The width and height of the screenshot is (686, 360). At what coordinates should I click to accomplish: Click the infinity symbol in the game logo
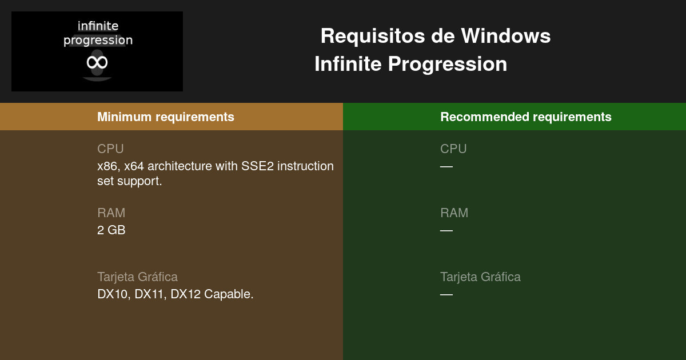pyautogui.click(x=97, y=62)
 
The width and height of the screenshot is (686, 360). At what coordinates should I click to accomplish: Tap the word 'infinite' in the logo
pyautogui.click(x=98, y=26)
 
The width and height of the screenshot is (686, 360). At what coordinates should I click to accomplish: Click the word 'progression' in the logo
pyautogui.click(x=98, y=41)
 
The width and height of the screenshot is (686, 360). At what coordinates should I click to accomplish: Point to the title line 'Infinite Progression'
pyautogui.click(x=410, y=64)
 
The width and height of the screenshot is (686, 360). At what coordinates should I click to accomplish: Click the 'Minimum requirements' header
pyautogui.click(x=166, y=117)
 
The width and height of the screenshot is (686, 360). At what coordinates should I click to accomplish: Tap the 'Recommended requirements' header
pyautogui.click(x=526, y=117)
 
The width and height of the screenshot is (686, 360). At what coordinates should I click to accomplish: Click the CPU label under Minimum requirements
pyautogui.click(x=110, y=149)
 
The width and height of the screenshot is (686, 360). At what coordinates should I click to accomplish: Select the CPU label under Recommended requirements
pyautogui.click(x=453, y=149)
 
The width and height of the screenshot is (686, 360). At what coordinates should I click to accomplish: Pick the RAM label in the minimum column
pyautogui.click(x=111, y=213)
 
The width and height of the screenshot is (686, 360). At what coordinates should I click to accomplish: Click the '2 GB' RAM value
pyautogui.click(x=111, y=230)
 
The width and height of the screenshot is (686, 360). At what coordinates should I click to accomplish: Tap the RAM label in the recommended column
pyautogui.click(x=454, y=213)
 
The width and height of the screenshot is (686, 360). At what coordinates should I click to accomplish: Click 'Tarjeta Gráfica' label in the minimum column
pyautogui.click(x=137, y=277)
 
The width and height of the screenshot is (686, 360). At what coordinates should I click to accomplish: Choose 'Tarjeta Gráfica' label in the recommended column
pyautogui.click(x=480, y=277)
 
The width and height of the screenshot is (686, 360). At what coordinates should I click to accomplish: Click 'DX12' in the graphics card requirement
pyautogui.click(x=186, y=294)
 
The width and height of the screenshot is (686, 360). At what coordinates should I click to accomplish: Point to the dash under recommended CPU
pyautogui.click(x=446, y=167)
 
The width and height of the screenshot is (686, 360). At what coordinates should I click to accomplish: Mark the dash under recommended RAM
pyautogui.click(x=446, y=231)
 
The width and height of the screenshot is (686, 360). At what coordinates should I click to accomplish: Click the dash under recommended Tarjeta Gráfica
pyautogui.click(x=446, y=295)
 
